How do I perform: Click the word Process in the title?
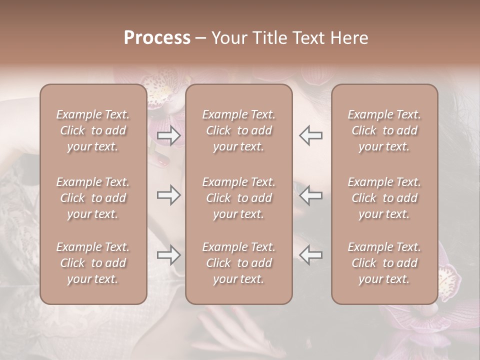coord(157,38)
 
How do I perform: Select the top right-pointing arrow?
coord(169,135)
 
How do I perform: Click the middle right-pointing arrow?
coord(169,195)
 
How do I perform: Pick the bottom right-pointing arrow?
coord(169,255)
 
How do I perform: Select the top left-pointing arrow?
coord(310,135)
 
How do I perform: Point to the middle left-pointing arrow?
coord(310,195)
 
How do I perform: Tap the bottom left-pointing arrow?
coord(310,255)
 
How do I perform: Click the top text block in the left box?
coord(93,130)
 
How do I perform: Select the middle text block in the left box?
coord(93,198)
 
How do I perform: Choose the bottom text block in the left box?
coord(93,263)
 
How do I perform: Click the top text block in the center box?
coord(238,130)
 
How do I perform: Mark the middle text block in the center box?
coord(238,198)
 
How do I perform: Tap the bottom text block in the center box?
coord(238,263)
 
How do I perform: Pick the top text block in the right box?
coord(384,130)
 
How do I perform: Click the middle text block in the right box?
coord(384,198)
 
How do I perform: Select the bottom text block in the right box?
coord(384,263)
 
